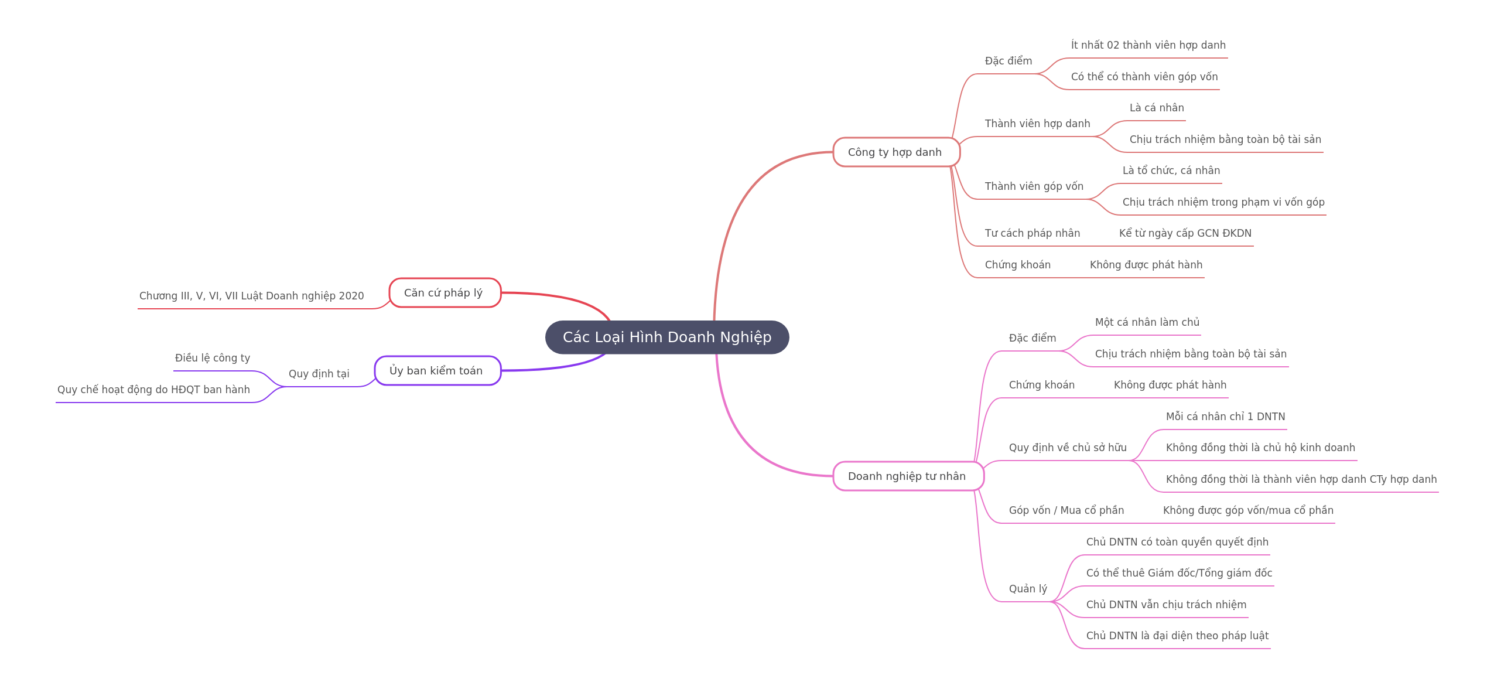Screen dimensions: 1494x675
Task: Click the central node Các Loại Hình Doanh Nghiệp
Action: point(667,337)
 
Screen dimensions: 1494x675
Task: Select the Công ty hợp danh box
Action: point(896,152)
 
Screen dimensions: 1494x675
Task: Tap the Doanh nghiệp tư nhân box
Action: point(908,476)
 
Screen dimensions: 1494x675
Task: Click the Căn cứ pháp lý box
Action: point(445,293)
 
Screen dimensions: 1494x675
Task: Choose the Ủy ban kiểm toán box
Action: point(437,371)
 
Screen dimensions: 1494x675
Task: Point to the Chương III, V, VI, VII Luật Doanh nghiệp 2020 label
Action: point(252,296)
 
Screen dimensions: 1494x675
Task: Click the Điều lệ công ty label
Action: point(213,358)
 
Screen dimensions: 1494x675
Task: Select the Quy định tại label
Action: point(319,374)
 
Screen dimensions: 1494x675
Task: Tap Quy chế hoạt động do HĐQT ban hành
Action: point(154,390)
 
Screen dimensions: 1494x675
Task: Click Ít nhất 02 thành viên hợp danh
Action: point(1148,45)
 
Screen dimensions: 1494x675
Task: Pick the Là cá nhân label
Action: point(1157,108)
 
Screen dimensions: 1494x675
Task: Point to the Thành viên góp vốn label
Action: point(1034,186)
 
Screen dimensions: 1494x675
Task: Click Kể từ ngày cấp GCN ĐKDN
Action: point(1185,233)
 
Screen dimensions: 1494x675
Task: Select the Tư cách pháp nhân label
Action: point(1033,233)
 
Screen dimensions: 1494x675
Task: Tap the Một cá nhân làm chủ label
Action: point(1147,322)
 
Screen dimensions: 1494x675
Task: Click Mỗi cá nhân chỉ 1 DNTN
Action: point(1226,417)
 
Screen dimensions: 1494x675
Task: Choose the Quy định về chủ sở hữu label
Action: point(1068,448)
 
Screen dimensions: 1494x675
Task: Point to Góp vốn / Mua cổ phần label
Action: point(1066,510)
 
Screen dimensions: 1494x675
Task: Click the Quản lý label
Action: point(1028,589)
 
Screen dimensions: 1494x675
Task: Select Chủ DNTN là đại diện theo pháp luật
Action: point(1177,636)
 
